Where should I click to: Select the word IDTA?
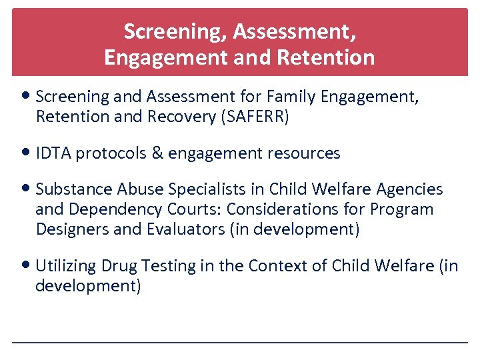[53, 153]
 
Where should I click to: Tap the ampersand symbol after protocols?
[157, 153]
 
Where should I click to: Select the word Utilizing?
[65, 266]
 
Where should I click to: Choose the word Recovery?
[179, 117]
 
